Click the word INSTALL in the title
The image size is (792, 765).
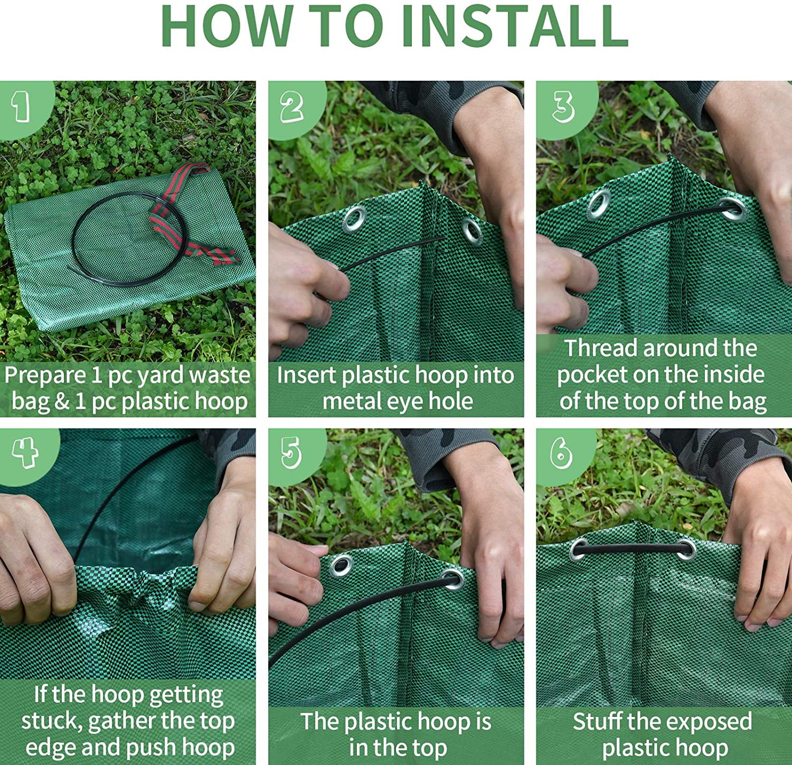pos(515,25)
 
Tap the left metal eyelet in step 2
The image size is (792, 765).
pos(354,218)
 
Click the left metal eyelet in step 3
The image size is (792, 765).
pos(599,204)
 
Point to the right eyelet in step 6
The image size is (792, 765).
pos(686,549)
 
